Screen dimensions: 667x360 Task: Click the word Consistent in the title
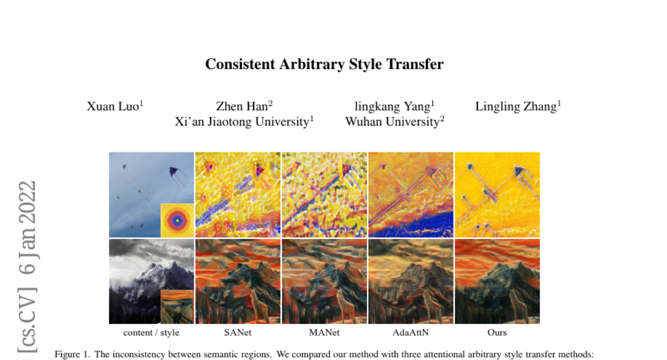240,64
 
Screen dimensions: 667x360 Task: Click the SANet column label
238,332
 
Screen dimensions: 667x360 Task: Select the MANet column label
324,332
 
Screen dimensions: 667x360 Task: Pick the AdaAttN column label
411,332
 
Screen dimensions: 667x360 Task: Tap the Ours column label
497,332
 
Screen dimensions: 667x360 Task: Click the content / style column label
151,333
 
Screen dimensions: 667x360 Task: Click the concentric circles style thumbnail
177,220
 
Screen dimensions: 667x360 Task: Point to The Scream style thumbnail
177,307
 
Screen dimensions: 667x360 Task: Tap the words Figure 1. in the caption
72,354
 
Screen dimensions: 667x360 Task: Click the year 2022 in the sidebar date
27,202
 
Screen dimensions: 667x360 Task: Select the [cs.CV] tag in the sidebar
27,321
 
